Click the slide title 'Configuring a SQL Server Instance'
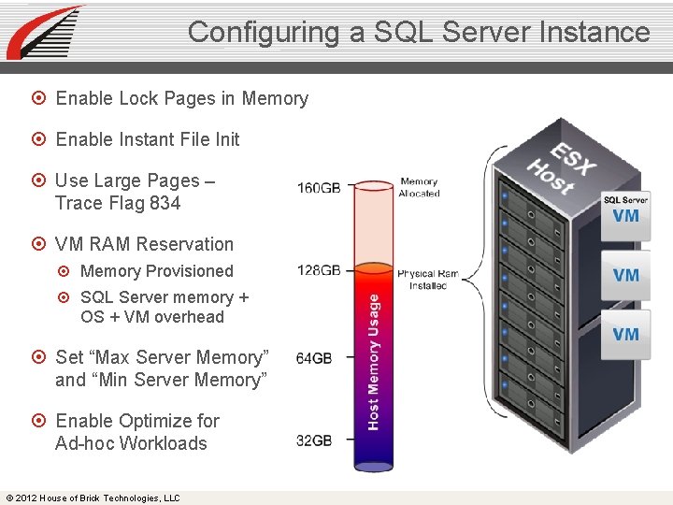coord(418,32)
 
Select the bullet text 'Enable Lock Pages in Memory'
coord(181,98)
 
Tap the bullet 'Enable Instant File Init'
coord(148,139)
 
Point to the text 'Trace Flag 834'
coord(118,203)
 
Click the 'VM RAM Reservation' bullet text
coord(144,244)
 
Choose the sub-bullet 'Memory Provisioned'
coord(156,271)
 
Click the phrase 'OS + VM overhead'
coord(152,317)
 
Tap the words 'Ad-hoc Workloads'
coord(131,443)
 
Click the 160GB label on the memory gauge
coord(319,188)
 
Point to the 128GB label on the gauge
coord(319,270)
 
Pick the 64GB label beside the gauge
coord(314,358)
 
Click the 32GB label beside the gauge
coord(314,440)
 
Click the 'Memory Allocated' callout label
coord(419,188)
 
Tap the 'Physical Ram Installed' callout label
coord(428,280)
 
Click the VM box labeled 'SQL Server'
coord(625,210)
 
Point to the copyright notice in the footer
coord(93,498)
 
